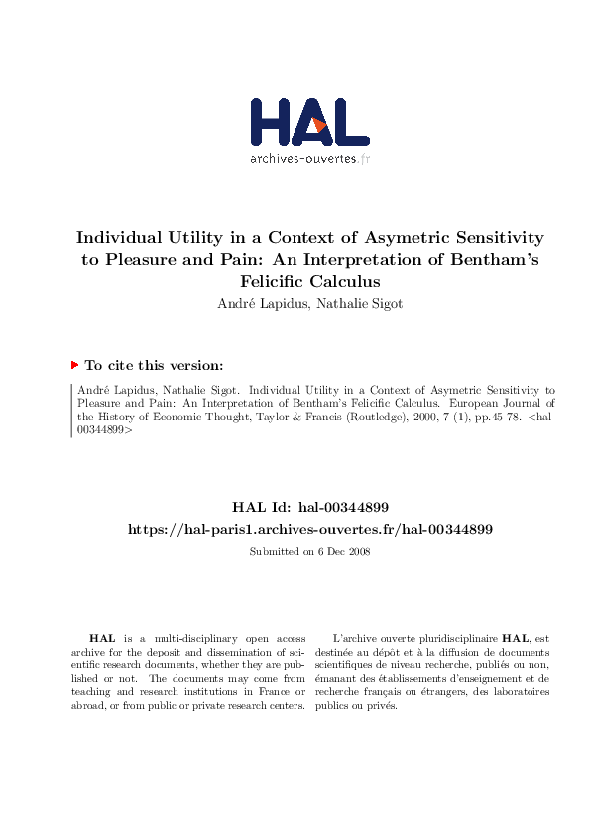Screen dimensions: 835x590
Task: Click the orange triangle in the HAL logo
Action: (x=319, y=124)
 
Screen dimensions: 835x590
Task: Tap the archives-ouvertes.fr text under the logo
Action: (x=309, y=158)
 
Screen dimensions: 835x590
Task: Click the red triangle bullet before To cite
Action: (x=74, y=365)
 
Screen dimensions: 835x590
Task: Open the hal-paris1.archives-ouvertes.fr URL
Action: (x=309, y=530)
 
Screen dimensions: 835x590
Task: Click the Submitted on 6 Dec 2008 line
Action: (x=308, y=551)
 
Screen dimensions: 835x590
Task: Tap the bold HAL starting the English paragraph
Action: (x=101, y=639)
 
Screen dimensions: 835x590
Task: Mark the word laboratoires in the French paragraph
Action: (x=516, y=692)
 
